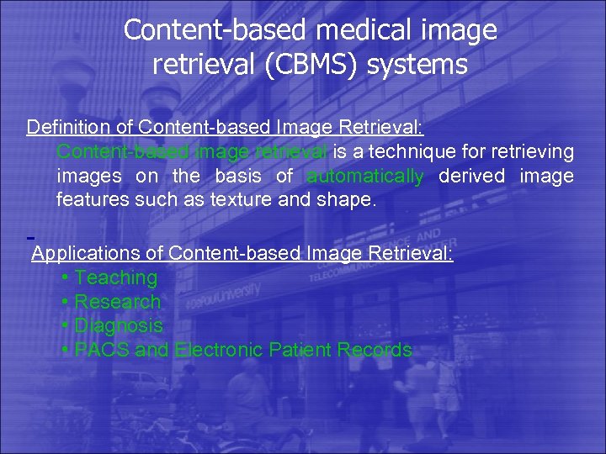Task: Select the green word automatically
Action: tap(365, 177)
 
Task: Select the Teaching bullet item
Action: tap(116, 277)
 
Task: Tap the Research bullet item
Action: tap(118, 302)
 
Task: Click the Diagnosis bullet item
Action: tap(119, 325)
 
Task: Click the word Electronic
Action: tap(220, 350)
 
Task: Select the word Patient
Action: tap(301, 350)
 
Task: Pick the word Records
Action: tap(375, 350)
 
